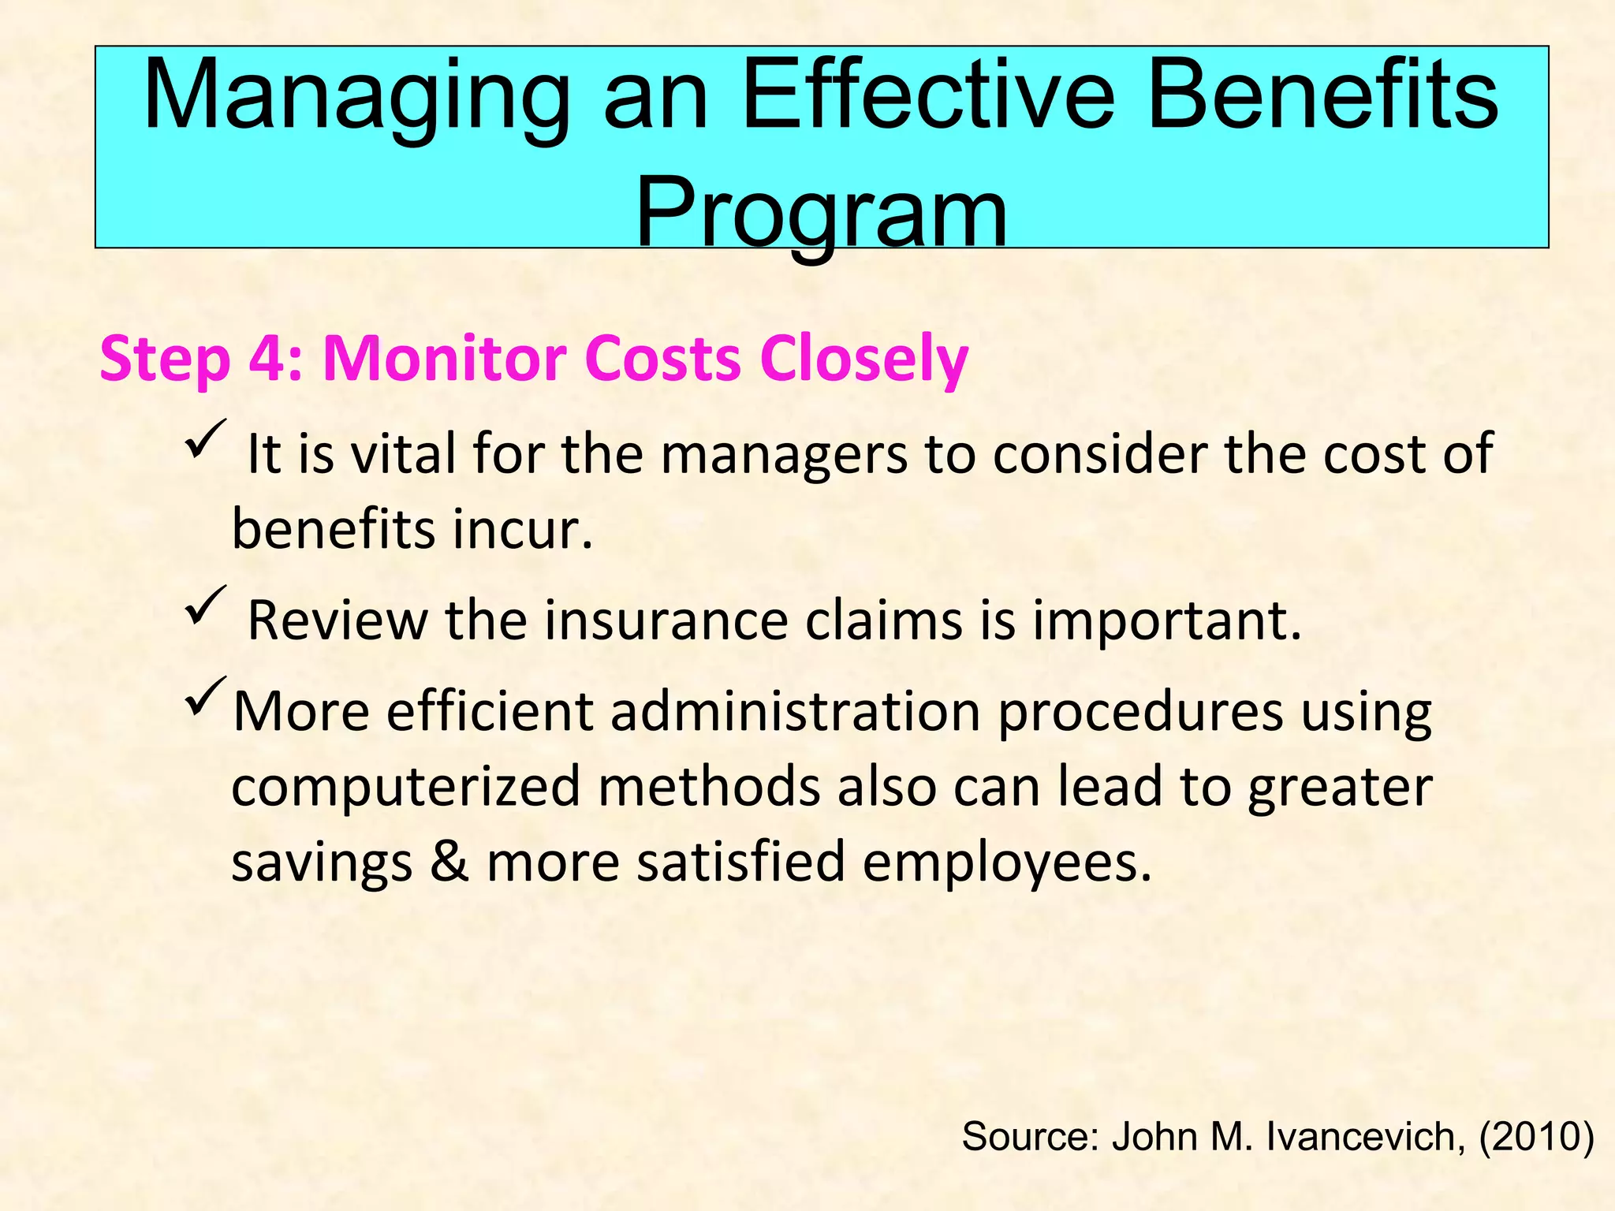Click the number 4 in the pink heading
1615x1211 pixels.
pyautogui.click(x=270, y=360)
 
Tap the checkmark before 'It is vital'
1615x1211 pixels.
pyautogui.click(x=206, y=441)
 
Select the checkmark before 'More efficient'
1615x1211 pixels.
pyautogui.click(x=206, y=697)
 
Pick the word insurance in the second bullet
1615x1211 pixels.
pyautogui.click(x=666, y=620)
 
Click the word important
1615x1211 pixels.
pyautogui.click(x=1167, y=622)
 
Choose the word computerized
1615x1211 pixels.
pyautogui.click(x=405, y=787)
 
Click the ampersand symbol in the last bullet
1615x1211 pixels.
pyautogui.click(x=449, y=861)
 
